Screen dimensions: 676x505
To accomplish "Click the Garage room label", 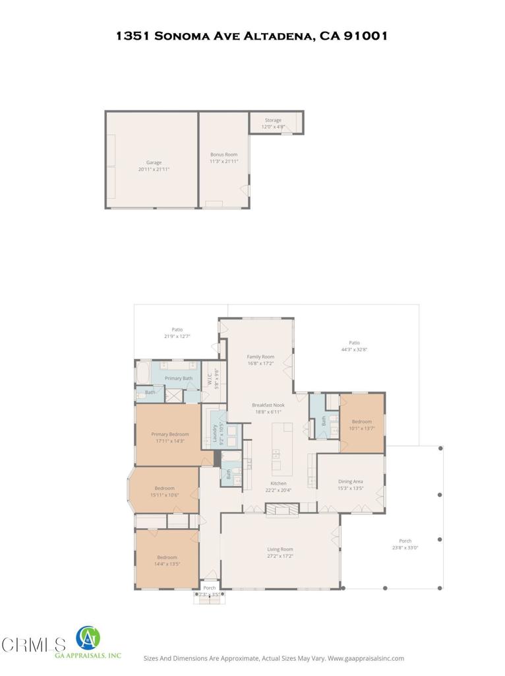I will [154, 162].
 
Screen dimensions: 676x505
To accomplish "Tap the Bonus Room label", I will [223, 154].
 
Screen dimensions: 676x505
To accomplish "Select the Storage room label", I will [273, 120].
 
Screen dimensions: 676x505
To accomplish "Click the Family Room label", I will [260, 356].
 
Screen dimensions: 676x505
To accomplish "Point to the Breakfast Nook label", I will [268, 405].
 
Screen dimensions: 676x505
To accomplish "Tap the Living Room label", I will [280, 549].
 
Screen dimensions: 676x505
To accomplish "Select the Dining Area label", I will [350, 481].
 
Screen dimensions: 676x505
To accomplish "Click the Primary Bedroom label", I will [169, 434].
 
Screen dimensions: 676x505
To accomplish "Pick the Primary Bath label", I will [178, 378].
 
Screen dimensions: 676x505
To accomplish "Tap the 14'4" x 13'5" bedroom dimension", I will [167, 564].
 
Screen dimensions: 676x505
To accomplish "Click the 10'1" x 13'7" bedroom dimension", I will [361, 428].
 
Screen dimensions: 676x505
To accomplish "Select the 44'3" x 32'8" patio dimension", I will [354, 349].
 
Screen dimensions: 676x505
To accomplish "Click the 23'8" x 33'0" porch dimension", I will [405, 547].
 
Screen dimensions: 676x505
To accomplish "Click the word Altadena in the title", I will [277, 36].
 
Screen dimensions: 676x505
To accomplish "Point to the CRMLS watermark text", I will [33, 644].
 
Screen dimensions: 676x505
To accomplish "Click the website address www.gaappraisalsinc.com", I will [366, 658].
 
